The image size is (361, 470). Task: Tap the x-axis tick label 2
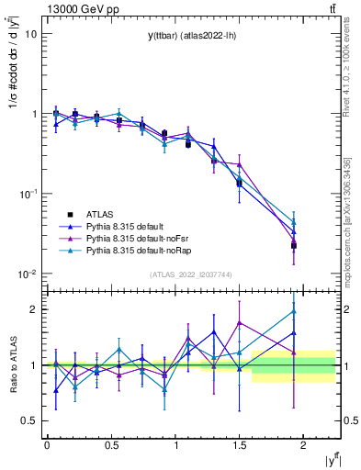(303, 444)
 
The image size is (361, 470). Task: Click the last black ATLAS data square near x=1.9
(294, 245)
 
